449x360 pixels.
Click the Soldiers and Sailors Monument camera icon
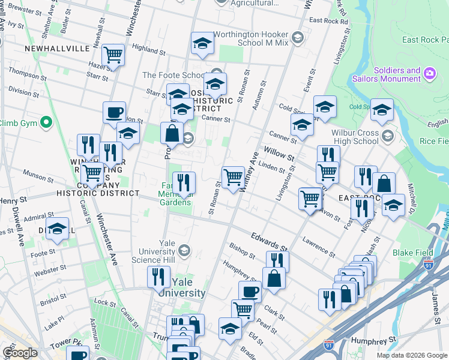[429, 74]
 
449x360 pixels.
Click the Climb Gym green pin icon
[45, 123]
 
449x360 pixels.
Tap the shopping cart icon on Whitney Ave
[233, 177]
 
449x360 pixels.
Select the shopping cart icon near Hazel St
[113, 55]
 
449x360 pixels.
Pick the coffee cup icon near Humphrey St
[250, 292]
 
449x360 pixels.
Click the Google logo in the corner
[20, 353]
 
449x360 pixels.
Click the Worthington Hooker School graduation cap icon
[203, 43]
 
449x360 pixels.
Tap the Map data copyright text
[411, 355]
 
